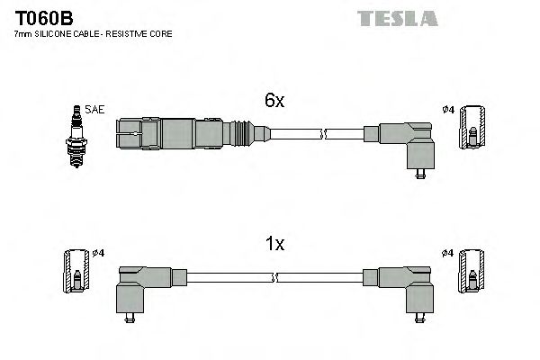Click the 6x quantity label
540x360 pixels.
[274, 103]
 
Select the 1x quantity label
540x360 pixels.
[274, 244]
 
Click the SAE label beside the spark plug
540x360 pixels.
[96, 110]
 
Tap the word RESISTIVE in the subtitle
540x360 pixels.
[134, 33]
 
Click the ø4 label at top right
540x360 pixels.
[448, 111]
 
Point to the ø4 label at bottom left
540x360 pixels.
[99, 253]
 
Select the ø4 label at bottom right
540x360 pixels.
[448, 253]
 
